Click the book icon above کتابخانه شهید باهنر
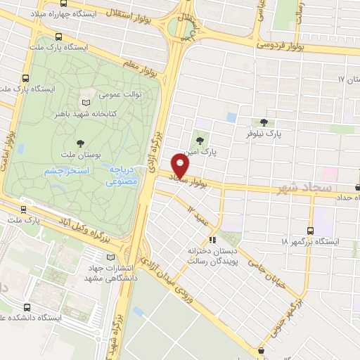(x=86, y=103)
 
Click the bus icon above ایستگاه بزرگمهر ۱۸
(x=310, y=230)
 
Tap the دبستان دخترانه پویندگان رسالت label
(x=206, y=255)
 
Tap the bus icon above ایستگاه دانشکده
(x=27, y=307)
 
